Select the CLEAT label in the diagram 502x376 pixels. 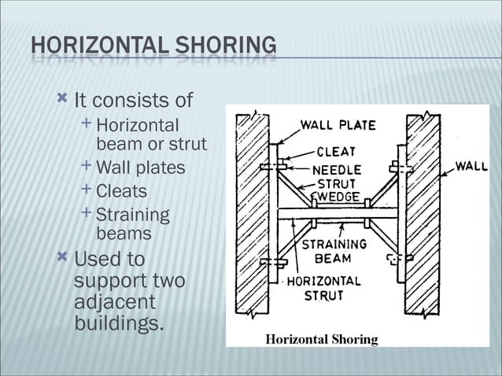pyautogui.click(x=336, y=152)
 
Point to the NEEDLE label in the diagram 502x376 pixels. pyautogui.click(x=337, y=169)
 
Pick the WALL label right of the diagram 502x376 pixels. pyautogui.click(x=471, y=167)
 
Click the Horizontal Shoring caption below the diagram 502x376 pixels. pyautogui.click(x=321, y=340)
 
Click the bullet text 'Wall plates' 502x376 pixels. pyautogui.click(x=140, y=168)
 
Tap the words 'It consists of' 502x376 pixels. pyautogui.click(x=133, y=101)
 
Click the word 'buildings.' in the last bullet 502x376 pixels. pyautogui.click(x=118, y=323)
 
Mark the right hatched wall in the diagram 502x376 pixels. pyautogui.click(x=423, y=212)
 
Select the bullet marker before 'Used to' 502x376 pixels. pyautogui.click(x=62, y=256)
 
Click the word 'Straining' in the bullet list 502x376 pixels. pyautogui.click(x=132, y=215)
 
